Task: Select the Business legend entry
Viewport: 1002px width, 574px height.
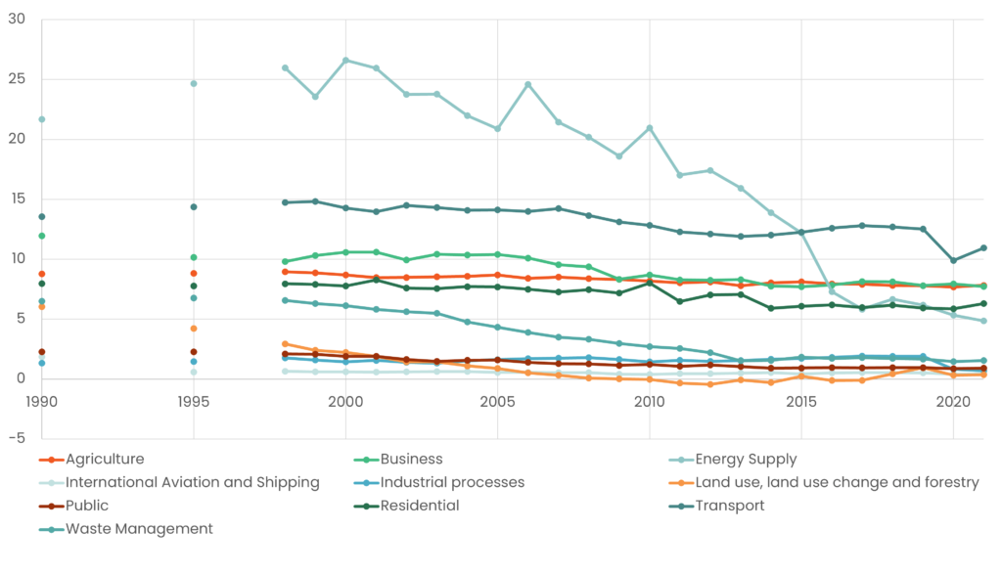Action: pos(412,460)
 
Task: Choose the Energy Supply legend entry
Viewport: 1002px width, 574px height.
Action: pos(746,460)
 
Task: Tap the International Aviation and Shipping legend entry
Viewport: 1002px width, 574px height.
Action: pos(192,482)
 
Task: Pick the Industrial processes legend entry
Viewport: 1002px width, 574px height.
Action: pos(452,482)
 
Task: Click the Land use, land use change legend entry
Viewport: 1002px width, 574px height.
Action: pos(837,482)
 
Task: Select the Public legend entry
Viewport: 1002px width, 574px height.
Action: pos(87,506)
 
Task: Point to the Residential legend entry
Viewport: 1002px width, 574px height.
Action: pos(420,506)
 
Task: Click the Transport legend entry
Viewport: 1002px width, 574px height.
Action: pos(730,506)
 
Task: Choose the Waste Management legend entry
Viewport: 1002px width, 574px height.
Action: pos(139,529)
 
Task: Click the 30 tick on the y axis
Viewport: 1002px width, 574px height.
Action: pos(17,20)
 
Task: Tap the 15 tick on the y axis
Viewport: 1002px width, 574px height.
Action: pos(17,199)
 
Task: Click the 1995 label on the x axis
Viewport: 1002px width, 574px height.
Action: pos(194,402)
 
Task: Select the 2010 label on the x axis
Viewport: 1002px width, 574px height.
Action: pos(649,402)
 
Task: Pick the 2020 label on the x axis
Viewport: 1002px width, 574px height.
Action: pos(953,402)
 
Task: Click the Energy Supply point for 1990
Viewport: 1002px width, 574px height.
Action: pos(41,119)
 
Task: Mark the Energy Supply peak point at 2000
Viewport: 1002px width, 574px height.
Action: pos(345,61)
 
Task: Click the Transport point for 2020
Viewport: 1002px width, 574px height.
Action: pos(953,260)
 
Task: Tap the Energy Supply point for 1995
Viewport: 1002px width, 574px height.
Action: pos(194,83)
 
